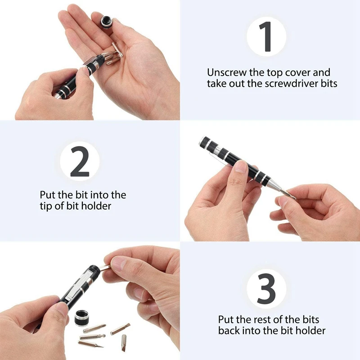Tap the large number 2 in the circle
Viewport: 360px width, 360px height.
click(80, 162)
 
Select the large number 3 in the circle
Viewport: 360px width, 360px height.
click(266, 288)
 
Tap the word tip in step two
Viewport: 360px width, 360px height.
click(46, 206)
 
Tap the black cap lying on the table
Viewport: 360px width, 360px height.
click(83, 318)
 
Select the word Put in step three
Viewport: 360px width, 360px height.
click(225, 319)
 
